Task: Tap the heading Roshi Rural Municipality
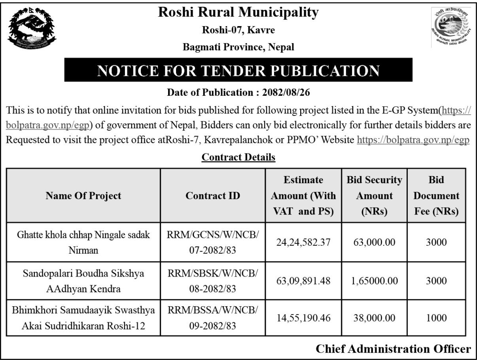point(238,13)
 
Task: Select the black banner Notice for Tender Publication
point(238,70)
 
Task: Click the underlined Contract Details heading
point(238,157)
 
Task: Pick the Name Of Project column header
point(83,195)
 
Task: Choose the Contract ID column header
point(212,195)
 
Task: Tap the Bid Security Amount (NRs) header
point(374,195)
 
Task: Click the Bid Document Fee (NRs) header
point(436,195)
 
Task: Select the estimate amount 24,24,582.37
point(304,242)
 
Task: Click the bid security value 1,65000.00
point(374,281)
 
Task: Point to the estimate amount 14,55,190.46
point(304,318)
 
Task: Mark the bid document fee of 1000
point(436,318)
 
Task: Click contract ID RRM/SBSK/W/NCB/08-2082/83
point(212,281)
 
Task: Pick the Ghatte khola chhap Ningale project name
point(83,242)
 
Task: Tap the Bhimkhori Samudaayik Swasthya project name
point(83,318)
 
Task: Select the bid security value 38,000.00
point(374,318)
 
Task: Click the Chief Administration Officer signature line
point(393,349)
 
